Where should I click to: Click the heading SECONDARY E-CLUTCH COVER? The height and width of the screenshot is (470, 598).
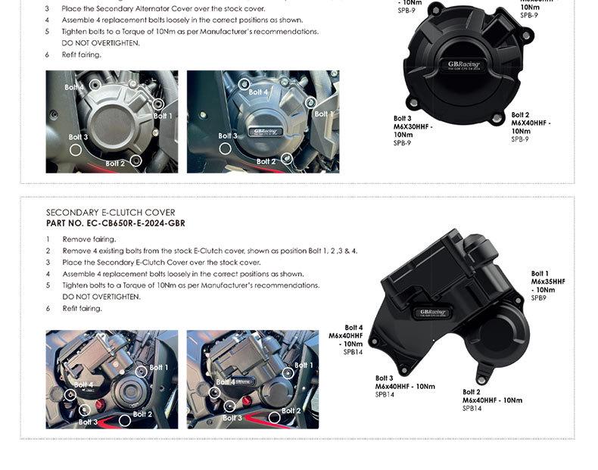click(x=111, y=213)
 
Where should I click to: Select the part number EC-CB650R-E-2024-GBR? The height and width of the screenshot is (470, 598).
click(x=116, y=223)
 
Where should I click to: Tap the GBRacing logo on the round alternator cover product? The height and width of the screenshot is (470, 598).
click(x=463, y=65)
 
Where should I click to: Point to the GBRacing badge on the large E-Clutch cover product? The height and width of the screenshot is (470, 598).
click(x=434, y=312)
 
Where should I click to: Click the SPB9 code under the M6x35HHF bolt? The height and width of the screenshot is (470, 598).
click(x=538, y=298)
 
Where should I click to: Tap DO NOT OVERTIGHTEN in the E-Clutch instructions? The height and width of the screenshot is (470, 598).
click(x=101, y=297)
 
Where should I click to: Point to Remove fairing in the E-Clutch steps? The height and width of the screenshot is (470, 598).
click(x=89, y=239)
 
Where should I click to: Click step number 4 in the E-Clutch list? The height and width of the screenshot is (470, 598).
click(x=48, y=274)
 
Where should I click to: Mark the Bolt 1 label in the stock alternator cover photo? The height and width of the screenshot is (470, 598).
click(x=163, y=116)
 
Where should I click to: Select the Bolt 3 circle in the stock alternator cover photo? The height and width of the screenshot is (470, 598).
click(x=76, y=150)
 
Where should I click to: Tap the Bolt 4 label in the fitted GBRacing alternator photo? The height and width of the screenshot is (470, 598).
click(x=258, y=92)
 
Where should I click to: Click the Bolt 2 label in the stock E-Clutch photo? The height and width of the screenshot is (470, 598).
click(x=142, y=414)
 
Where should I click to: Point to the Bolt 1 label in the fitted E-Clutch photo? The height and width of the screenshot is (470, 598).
click(x=304, y=366)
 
